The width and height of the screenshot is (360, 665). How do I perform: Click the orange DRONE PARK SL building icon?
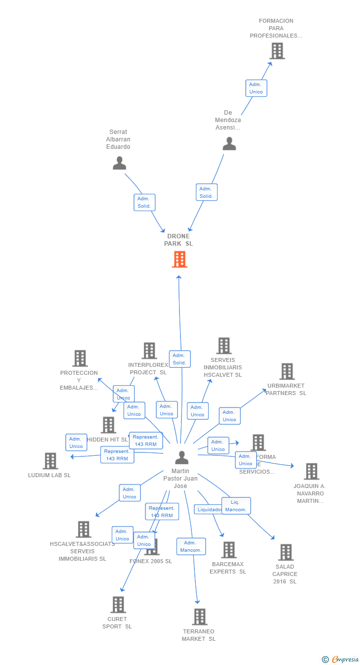point(180,259)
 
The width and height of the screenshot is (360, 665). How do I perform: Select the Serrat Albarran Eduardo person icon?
point(119,163)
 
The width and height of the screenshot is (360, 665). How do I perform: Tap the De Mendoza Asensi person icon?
point(229,143)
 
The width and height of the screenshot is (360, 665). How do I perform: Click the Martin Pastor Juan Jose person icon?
point(181,457)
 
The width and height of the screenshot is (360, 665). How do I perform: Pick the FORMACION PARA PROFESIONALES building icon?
point(277,51)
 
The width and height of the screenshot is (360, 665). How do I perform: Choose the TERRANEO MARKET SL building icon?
point(199,617)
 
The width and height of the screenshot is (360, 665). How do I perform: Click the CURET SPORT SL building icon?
point(118,604)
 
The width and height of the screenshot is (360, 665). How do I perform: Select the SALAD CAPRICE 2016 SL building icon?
point(285,552)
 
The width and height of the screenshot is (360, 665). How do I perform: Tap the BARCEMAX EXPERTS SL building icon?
point(228,550)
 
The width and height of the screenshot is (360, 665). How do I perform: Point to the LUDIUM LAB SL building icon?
point(50,461)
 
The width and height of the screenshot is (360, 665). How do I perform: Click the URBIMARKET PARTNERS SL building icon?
point(287,371)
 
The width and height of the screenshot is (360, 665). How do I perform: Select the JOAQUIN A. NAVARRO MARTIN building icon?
point(311,471)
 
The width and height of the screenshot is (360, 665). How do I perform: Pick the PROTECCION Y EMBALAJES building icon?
point(80,358)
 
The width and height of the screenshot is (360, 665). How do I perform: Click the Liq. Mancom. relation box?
point(236,506)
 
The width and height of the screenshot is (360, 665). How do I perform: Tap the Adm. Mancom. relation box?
point(191,546)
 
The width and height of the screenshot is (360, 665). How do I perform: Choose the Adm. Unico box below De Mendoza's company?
point(256,88)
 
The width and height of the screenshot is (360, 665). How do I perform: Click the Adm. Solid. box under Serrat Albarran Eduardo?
point(144,202)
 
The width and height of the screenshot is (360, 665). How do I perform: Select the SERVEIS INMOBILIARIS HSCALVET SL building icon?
point(224,346)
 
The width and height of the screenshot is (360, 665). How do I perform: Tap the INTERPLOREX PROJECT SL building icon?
point(149,351)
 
